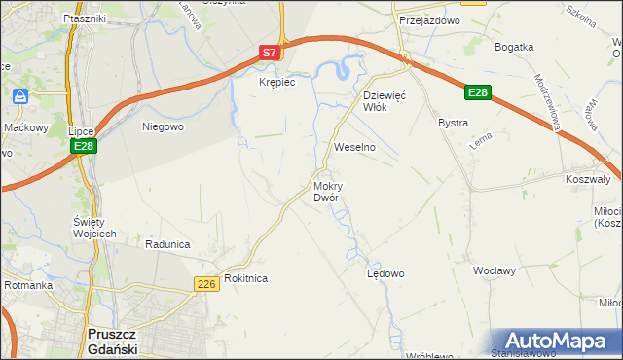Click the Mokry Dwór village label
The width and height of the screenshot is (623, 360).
click(x=326, y=192)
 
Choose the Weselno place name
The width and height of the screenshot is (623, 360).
click(x=354, y=147)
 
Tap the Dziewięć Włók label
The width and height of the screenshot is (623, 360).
click(x=383, y=101)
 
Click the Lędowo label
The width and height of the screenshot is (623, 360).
click(x=385, y=273)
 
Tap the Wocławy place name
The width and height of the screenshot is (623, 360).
click(x=494, y=270)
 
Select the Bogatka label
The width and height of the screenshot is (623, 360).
click(x=514, y=47)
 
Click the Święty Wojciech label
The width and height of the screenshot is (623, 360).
click(x=95, y=228)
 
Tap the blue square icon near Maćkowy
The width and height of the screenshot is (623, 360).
click(x=19, y=97)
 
